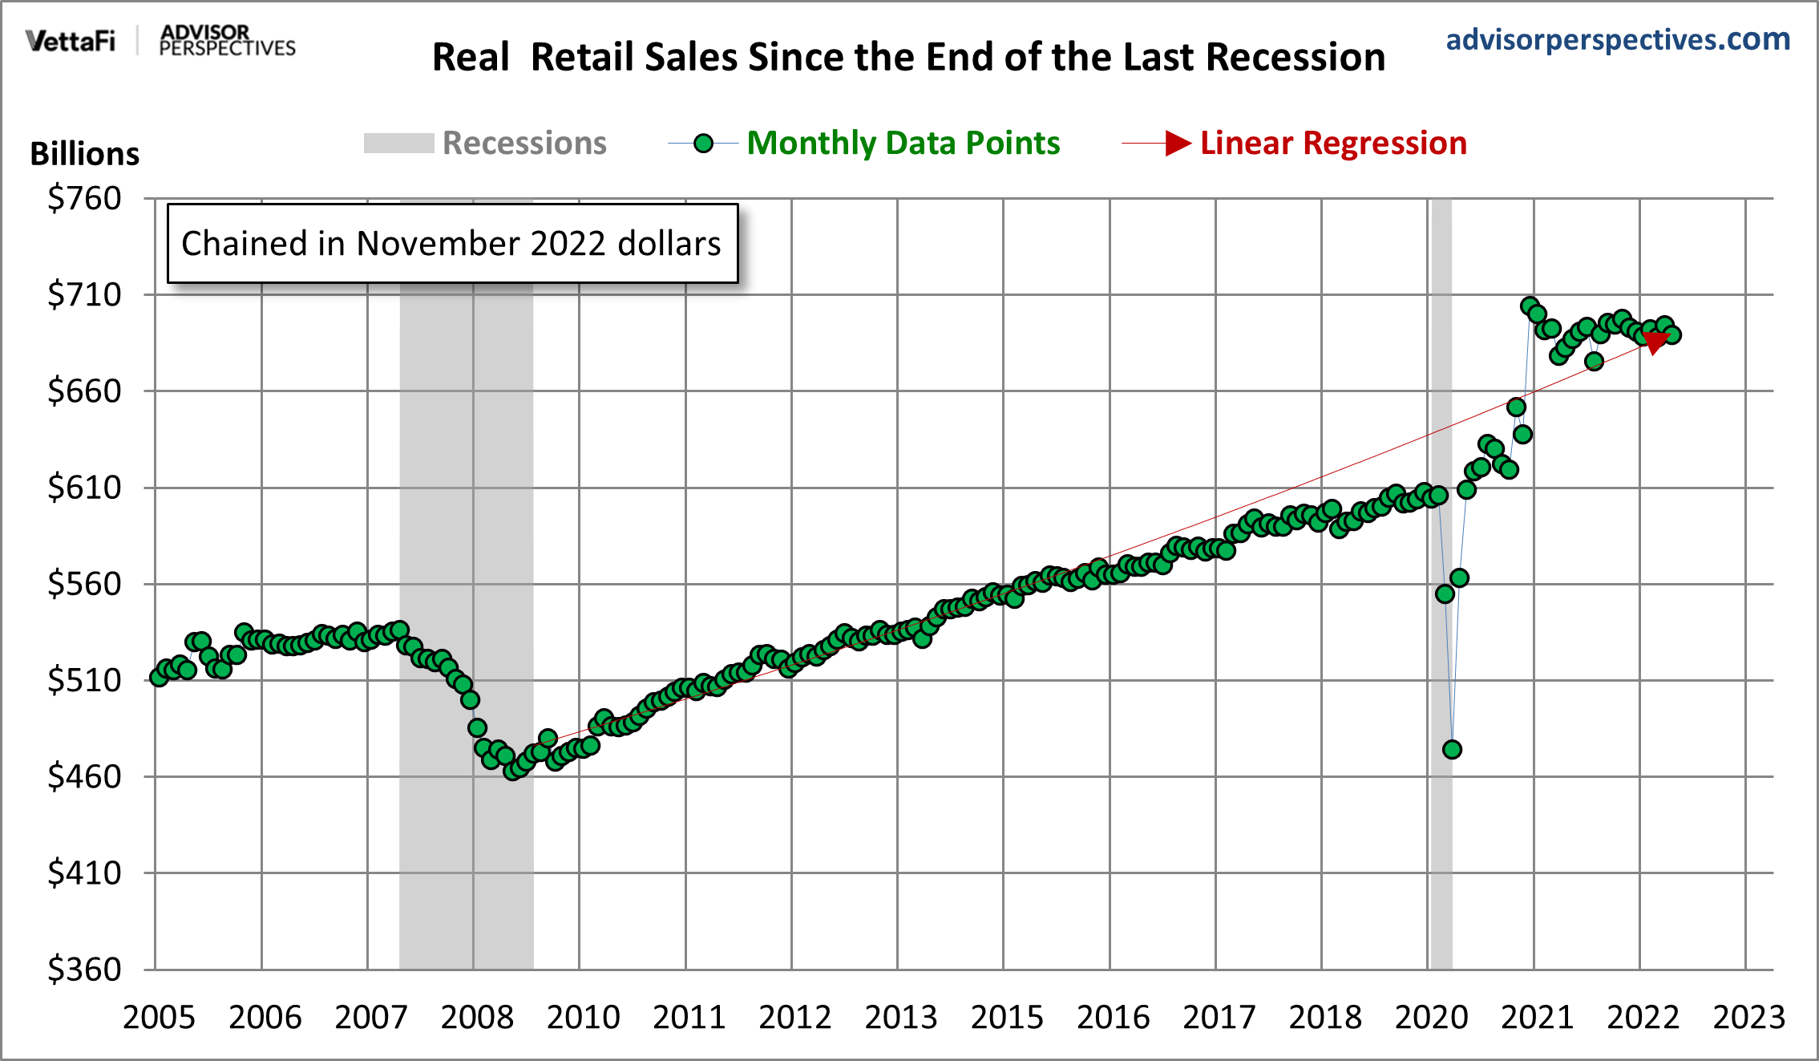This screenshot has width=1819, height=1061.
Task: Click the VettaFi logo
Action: pos(71,41)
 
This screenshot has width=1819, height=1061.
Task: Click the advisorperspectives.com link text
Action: pos(1617,39)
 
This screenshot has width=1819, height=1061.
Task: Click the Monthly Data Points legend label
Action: pos(903,144)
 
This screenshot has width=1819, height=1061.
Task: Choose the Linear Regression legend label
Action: pos(1332,144)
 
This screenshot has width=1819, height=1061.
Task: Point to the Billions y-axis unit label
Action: pos(84,153)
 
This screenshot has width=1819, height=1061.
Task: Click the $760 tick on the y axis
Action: pos(84,198)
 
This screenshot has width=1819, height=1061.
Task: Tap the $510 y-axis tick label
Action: pos(84,680)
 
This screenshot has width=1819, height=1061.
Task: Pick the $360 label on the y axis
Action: pos(84,970)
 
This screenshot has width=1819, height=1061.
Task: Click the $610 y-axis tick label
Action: pos(84,488)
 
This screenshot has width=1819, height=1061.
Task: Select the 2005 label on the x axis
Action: pos(159,1018)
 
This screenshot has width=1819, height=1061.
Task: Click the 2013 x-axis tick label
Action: pos(900,1018)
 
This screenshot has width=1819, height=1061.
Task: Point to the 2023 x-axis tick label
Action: pos(1748,1018)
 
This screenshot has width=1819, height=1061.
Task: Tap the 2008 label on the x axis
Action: pos(477,1018)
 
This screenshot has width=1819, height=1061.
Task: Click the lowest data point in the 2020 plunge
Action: pos(1452,750)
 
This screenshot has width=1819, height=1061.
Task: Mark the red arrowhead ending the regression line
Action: pos(1655,342)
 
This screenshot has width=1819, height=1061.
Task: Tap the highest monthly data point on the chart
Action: pos(1530,306)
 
